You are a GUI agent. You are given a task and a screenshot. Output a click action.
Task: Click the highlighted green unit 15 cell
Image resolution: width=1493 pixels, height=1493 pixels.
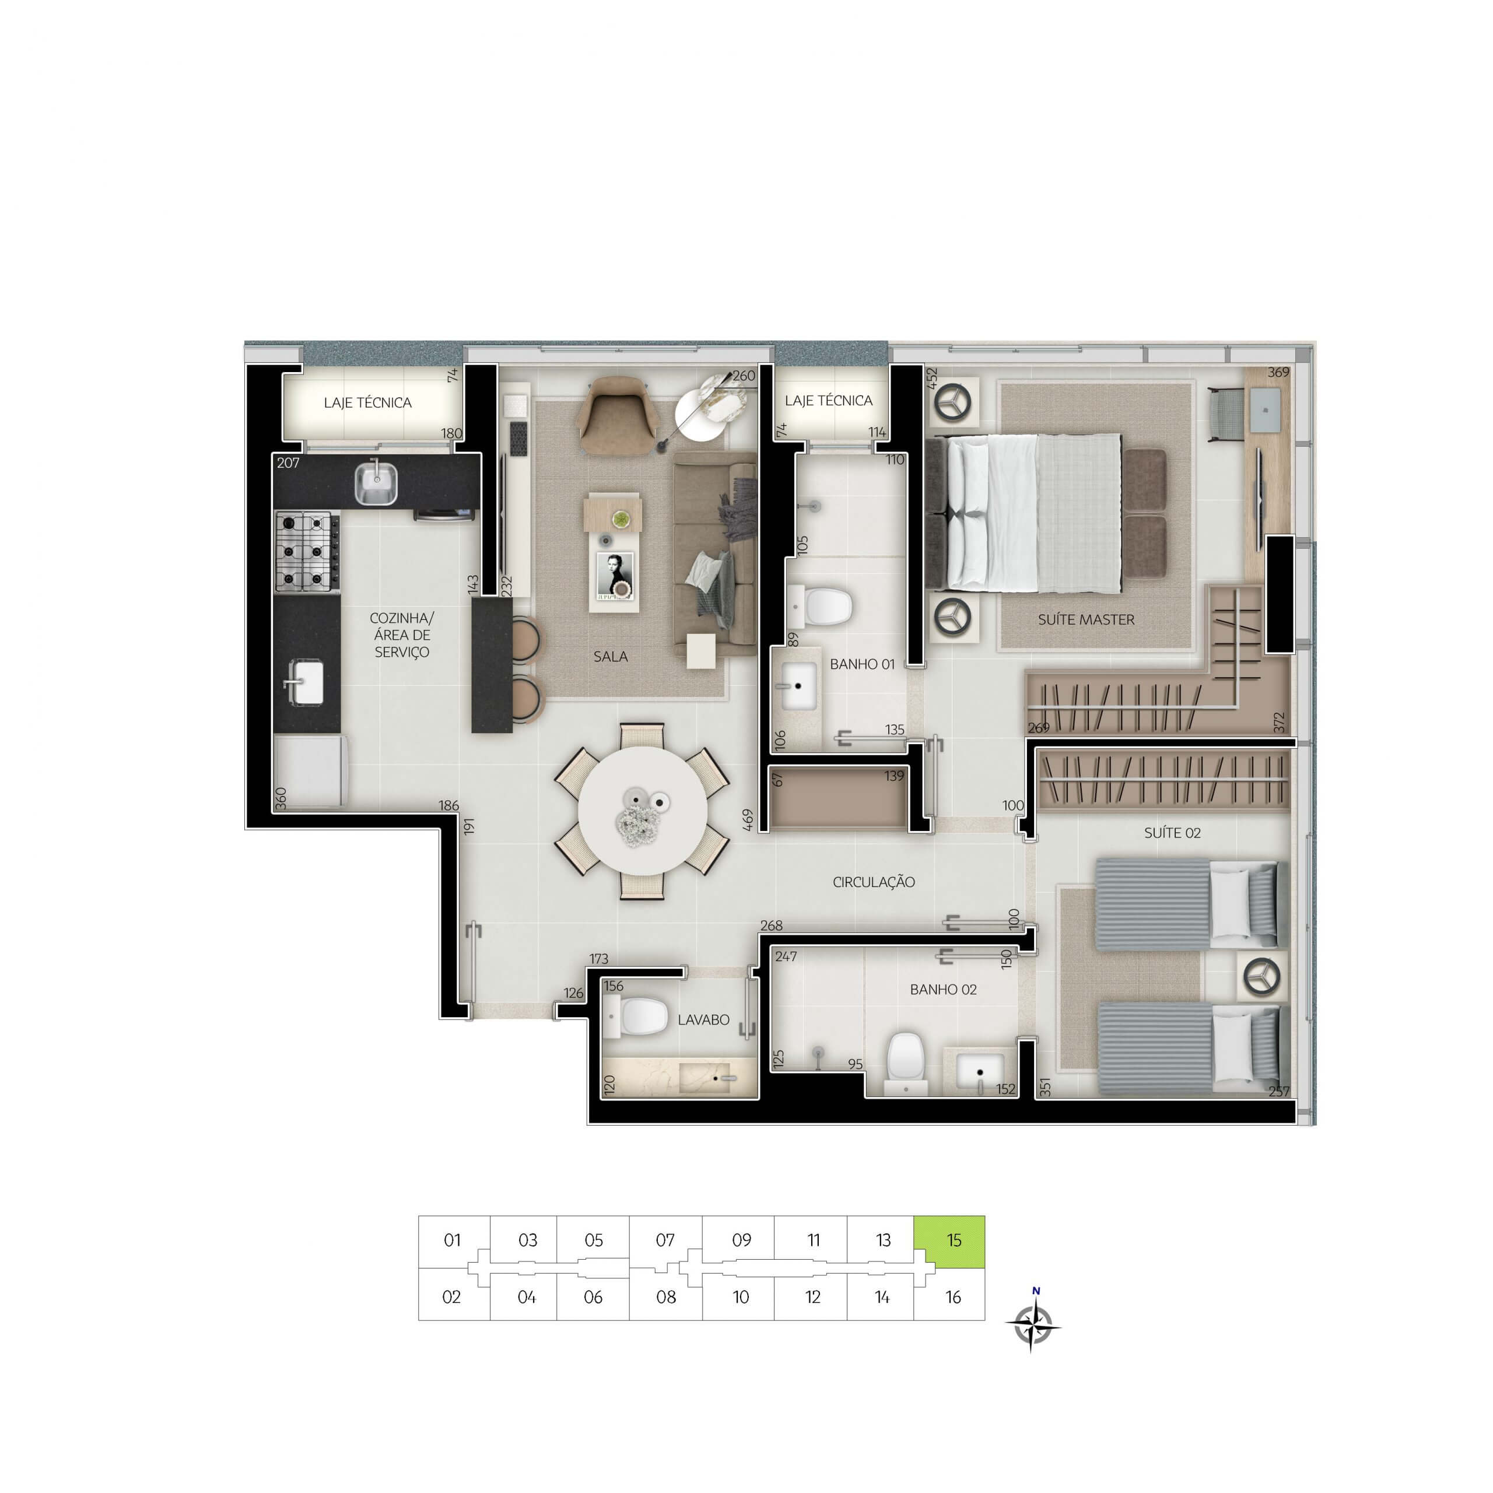pyautogui.click(x=949, y=1242)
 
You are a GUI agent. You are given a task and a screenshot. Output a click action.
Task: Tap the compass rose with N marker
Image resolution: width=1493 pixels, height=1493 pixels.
pyautogui.click(x=1033, y=1326)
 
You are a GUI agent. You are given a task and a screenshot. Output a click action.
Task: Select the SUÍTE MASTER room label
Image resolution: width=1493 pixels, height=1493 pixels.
pyautogui.click(x=1086, y=620)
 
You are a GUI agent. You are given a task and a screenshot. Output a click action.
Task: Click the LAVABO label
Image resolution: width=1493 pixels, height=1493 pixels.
pyautogui.click(x=703, y=1020)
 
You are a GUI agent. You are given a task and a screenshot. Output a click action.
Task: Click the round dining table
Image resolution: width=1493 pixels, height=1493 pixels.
pyautogui.click(x=642, y=811)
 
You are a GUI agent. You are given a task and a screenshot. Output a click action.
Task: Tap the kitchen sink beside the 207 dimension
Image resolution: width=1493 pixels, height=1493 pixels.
pyautogui.click(x=376, y=482)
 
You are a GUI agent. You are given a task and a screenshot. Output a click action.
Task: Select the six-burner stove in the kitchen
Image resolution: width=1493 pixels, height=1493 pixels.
pyautogui.click(x=307, y=552)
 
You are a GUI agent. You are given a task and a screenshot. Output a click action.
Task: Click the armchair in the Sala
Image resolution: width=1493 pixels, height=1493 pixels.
pyautogui.click(x=616, y=416)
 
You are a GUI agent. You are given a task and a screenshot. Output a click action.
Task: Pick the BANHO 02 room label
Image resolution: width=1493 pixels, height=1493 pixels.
pyautogui.click(x=943, y=989)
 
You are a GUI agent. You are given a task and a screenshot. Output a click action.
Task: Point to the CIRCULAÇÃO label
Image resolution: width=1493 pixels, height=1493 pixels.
pyautogui.click(x=873, y=882)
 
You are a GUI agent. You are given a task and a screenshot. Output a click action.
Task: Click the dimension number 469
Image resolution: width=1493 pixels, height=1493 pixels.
pyautogui.click(x=747, y=820)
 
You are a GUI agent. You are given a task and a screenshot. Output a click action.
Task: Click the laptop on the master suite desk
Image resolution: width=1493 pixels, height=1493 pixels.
pyautogui.click(x=1264, y=409)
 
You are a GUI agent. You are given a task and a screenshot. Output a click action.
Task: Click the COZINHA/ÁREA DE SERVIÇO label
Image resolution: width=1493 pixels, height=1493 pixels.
pyautogui.click(x=401, y=635)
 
